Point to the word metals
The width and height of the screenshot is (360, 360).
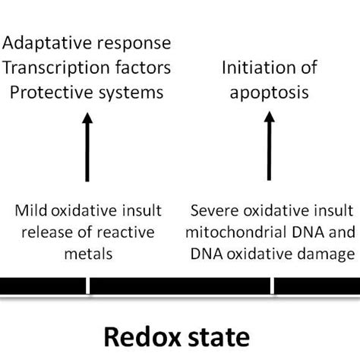90,254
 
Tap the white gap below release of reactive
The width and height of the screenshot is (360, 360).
88,286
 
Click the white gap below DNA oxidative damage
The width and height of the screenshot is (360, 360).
273,286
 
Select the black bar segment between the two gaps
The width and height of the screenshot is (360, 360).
180,286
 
